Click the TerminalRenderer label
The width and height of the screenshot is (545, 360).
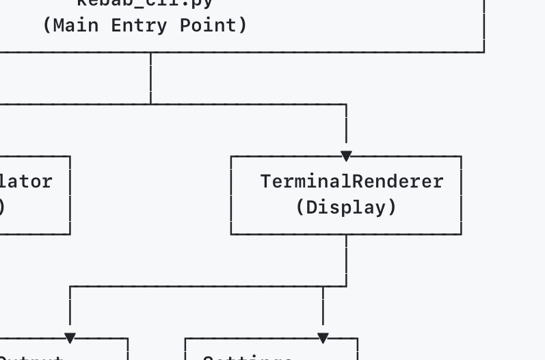click(x=351, y=181)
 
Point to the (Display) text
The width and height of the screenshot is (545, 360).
click(x=346, y=207)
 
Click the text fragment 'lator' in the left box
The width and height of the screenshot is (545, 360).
click(x=27, y=181)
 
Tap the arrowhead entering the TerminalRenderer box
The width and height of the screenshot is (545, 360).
click(x=346, y=156)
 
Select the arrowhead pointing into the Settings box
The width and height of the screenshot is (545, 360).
click(x=323, y=337)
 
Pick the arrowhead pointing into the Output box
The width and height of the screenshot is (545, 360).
click(x=70, y=337)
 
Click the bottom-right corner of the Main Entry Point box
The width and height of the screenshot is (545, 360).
click(x=484, y=52)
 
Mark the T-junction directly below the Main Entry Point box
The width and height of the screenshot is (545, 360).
click(x=150, y=104)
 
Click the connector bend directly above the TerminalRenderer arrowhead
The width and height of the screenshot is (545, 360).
click(x=346, y=104)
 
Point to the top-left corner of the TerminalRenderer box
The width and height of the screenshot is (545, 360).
click(x=231, y=157)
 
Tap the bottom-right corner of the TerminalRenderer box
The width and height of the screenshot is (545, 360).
click(x=462, y=234)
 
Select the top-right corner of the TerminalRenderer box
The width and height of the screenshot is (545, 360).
click(x=462, y=157)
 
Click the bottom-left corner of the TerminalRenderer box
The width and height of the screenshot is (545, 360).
click(x=231, y=234)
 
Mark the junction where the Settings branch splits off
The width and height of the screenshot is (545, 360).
click(x=323, y=286)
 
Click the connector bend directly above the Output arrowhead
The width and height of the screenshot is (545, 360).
click(x=70, y=286)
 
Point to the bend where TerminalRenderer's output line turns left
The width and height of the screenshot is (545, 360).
click(x=346, y=286)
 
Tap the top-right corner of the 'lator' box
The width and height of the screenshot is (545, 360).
click(x=70, y=157)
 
